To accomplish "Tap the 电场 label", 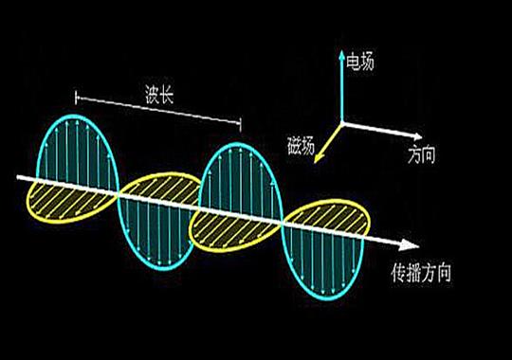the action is coord(361,63).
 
